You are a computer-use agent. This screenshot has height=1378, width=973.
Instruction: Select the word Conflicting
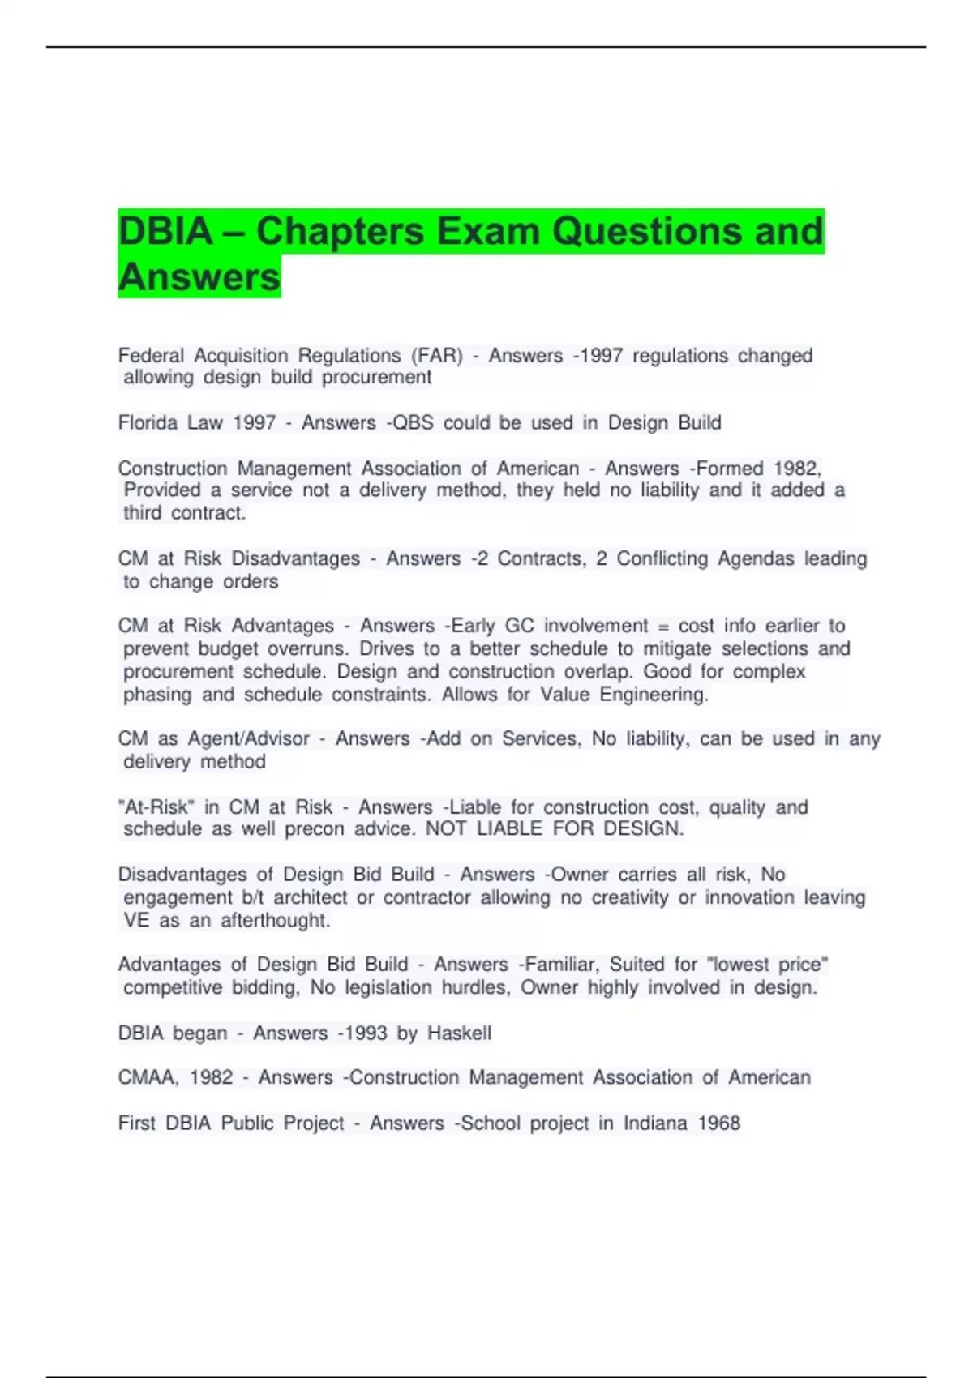point(662,558)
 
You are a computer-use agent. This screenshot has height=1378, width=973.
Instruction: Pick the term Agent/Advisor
point(249,739)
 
